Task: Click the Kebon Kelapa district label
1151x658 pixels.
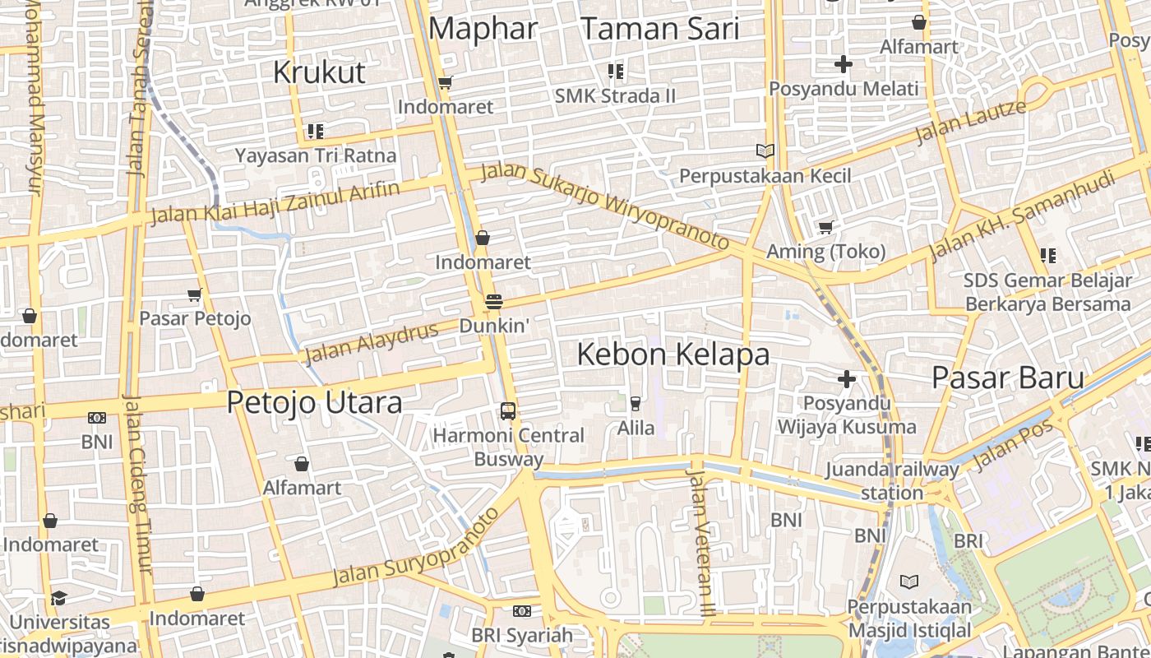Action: click(673, 354)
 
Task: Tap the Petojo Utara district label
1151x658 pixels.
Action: click(314, 402)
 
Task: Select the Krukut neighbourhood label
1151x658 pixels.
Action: click(318, 72)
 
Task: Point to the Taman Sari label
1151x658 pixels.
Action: click(660, 30)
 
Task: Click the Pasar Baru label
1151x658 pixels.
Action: click(1007, 378)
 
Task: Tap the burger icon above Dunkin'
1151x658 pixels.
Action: click(493, 302)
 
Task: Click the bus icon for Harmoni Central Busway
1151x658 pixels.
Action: click(508, 410)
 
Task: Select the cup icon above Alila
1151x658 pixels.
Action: click(635, 403)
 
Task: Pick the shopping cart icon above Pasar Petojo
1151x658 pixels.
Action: click(195, 294)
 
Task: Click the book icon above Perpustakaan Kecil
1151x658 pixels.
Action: click(765, 151)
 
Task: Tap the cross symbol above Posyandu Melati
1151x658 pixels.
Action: click(844, 63)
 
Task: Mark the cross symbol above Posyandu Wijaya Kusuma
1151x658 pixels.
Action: click(847, 379)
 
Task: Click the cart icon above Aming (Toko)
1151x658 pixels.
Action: click(825, 227)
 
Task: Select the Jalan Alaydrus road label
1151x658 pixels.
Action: click(371, 343)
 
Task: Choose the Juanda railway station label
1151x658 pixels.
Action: click(892, 481)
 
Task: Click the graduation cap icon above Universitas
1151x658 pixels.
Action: click(58, 598)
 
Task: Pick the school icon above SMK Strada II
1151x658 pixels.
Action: click(615, 72)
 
